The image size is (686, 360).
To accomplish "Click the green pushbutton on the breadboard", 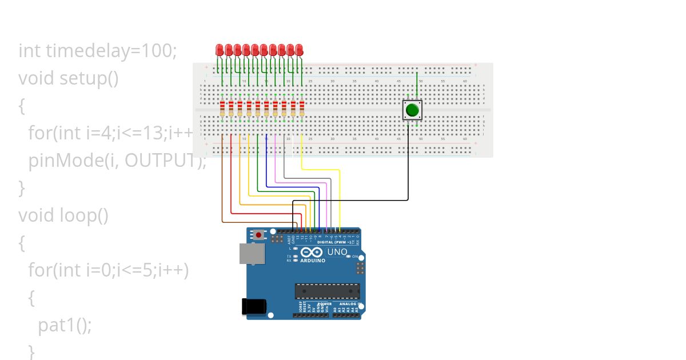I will tap(412, 109).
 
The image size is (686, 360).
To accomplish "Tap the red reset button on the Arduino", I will tap(259, 235).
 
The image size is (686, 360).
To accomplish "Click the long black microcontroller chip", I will tap(328, 291).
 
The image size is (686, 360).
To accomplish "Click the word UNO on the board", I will tap(337, 251).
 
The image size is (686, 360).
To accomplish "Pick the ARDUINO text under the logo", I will tap(313, 261).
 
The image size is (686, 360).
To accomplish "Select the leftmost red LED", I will tap(220, 50).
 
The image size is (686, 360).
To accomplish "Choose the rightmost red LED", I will tap(299, 50).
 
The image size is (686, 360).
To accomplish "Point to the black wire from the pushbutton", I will tap(408, 171).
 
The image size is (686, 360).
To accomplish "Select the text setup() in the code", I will tap(89, 78).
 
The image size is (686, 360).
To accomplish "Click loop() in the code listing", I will tap(83, 215).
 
